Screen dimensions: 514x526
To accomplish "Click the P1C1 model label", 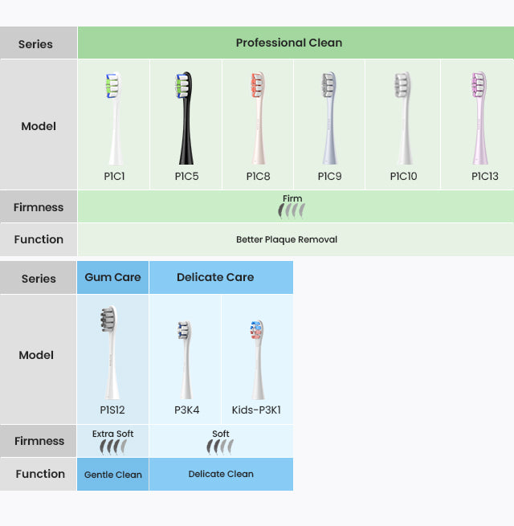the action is (x=114, y=176).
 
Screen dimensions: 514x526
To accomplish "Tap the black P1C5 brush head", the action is (x=185, y=118).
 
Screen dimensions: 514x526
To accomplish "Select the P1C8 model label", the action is (x=258, y=176).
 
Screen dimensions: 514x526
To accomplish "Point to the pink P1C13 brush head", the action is (x=479, y=118).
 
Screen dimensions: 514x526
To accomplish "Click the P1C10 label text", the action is (x=403, y=176).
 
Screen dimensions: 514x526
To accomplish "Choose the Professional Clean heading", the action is (x=289, y=43).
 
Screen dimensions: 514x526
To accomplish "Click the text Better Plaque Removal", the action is (x=287, y=239).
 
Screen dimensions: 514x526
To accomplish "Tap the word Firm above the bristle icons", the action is (x=292, y=198).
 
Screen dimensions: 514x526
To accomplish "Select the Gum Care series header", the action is (x=112, y=277).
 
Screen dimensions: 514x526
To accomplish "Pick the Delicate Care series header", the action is (x=215, y=277).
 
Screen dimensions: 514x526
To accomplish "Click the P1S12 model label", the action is (x=112, y=410).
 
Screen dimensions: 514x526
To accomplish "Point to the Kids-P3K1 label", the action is (x=256, y=410).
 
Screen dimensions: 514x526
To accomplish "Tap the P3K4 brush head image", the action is (x=186, y=361).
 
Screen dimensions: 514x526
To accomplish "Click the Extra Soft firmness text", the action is (x=112, y=434).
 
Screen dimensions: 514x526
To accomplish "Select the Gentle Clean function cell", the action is (x=113, y=475).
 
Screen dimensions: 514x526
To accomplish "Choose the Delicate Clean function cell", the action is (x=221, y=474).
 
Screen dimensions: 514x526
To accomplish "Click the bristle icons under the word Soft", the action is (x=220, y=446).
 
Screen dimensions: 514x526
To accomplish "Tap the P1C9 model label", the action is (x=329, y=176).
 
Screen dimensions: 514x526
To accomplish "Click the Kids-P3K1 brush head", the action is (x=257, y=360).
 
